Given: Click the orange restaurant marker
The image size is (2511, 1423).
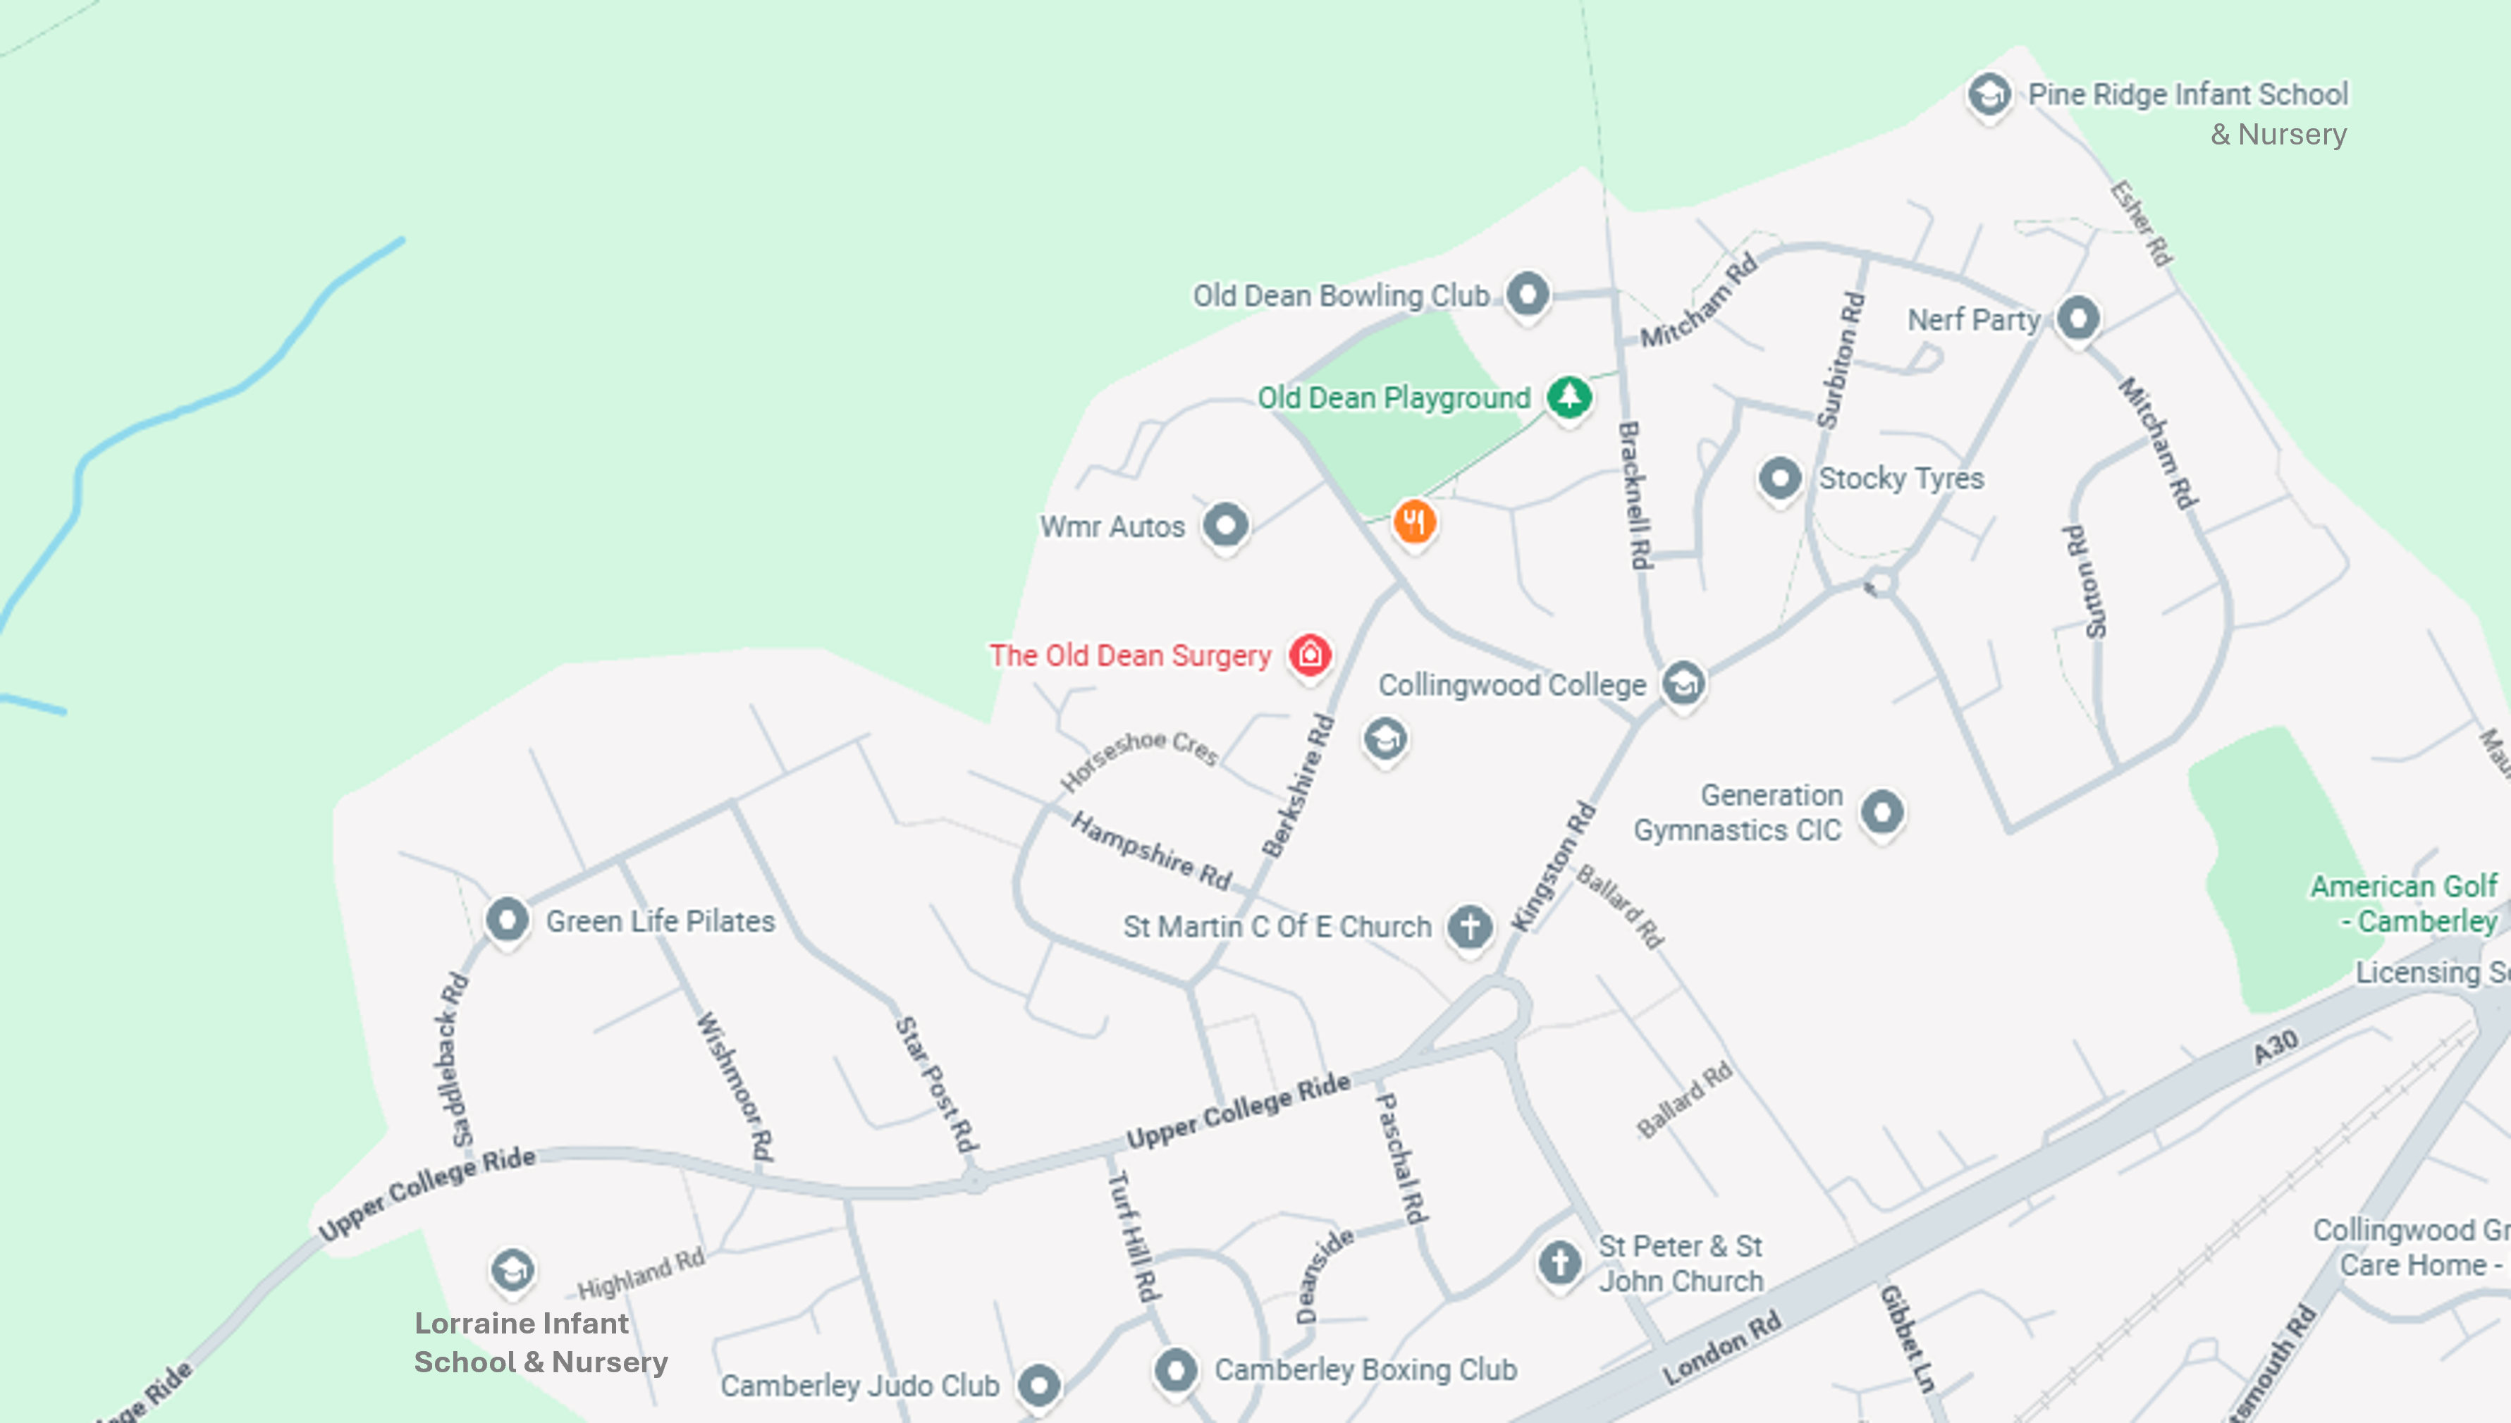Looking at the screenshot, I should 1414,521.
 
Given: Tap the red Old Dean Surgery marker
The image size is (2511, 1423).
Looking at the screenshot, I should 1310,654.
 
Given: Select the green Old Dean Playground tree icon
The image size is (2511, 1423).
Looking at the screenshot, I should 1568,397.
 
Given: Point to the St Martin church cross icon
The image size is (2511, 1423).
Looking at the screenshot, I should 1469,925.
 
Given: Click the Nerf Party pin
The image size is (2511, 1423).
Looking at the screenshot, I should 2078,318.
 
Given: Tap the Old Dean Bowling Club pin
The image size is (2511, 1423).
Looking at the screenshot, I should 1528,293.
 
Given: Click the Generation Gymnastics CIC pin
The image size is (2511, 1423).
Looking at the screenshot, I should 1882,811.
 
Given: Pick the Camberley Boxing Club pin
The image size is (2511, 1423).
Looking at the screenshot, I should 1176,1368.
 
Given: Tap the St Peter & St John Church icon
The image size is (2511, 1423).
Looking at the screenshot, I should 1559,1262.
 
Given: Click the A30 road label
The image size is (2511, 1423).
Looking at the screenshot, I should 2276,1047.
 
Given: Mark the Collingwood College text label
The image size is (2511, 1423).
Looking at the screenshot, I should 1512,685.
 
